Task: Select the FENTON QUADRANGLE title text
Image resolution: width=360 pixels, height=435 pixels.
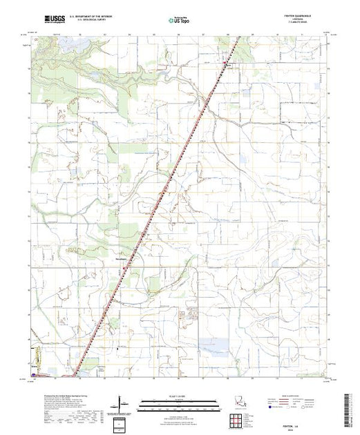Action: click(307, 17)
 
